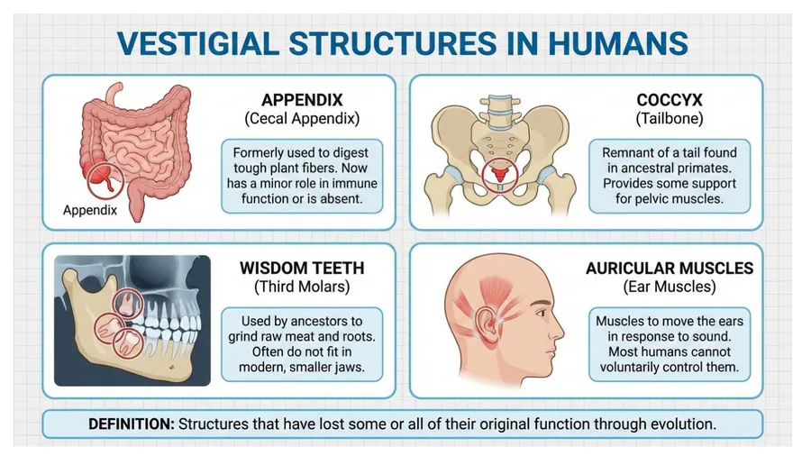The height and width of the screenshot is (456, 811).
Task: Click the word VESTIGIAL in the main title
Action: [x=198, y=43]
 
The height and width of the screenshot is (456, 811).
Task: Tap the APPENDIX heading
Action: [x=302, y=100]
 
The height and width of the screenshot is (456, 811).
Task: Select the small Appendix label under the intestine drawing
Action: [x=90, y=210]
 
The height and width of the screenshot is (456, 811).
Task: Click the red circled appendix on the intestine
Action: [x=105, y=178]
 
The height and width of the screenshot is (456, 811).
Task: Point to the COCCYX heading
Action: [x=670, y=100]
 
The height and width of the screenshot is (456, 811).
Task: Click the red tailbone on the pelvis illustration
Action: [x=500, y=173]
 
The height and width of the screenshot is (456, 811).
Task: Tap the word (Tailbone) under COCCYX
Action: [x=670, y=118]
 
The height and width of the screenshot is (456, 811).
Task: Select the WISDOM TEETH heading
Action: [x=302, y=268]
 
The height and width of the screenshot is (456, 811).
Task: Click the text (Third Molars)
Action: [x=302, y=287]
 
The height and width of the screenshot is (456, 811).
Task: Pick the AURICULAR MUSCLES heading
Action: [x=670, y=268]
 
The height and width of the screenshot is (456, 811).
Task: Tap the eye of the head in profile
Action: [x=541, y=314]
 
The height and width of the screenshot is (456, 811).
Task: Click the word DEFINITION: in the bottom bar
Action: [x=132, y=424]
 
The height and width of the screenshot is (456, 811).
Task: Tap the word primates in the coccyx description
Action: [x=710, y=168]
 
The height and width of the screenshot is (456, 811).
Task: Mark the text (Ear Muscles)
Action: [x=670, y=287]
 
